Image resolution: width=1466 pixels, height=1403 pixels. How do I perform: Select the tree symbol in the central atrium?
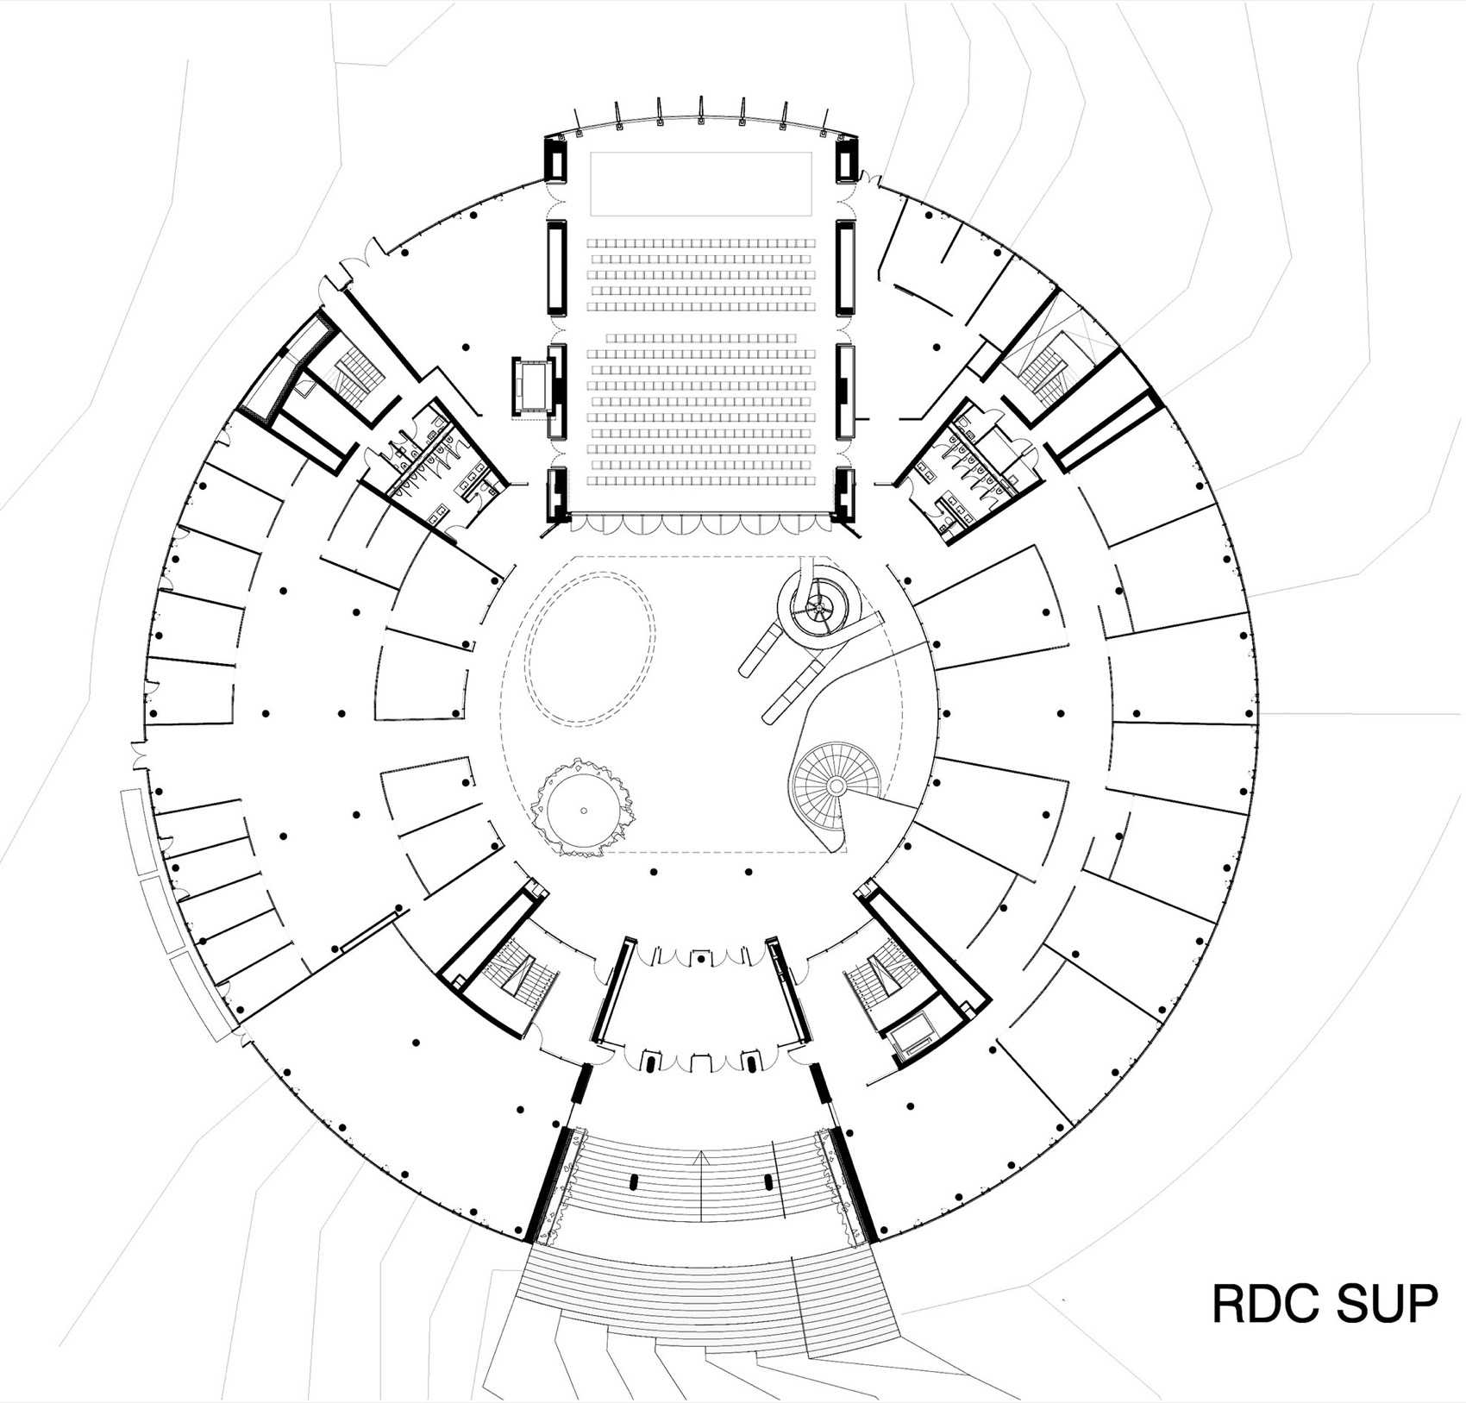[x=584, y=811]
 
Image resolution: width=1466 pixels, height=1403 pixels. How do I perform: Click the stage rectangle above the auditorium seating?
[x=700, y=185]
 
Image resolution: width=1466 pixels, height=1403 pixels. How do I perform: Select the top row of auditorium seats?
[x=700, y=245]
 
